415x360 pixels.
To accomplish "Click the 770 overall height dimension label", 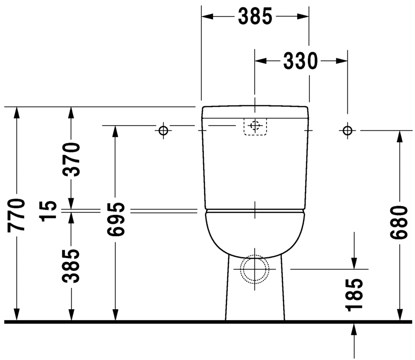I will click(x=17, y=215).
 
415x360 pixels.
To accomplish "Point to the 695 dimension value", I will click(x=115, y=219).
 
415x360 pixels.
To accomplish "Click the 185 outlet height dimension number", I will click(x=354, y=294).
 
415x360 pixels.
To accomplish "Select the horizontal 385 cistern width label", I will click(x=255, y=17).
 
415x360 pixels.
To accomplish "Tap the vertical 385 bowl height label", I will click(x=72, y=266).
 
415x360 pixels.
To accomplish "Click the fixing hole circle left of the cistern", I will click(x=163, y=130).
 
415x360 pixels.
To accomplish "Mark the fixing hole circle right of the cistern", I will click(x=347, y=130).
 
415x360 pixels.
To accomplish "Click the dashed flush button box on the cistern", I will click(x=255, y=127).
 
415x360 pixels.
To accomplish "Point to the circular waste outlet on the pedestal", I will click(x=255, y=269).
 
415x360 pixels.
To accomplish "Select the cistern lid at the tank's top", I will click(x=255, y=112).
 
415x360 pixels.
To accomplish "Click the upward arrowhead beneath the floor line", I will click(x=354, y=330).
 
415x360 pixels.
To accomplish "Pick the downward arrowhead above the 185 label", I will click(x=354, y=262).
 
